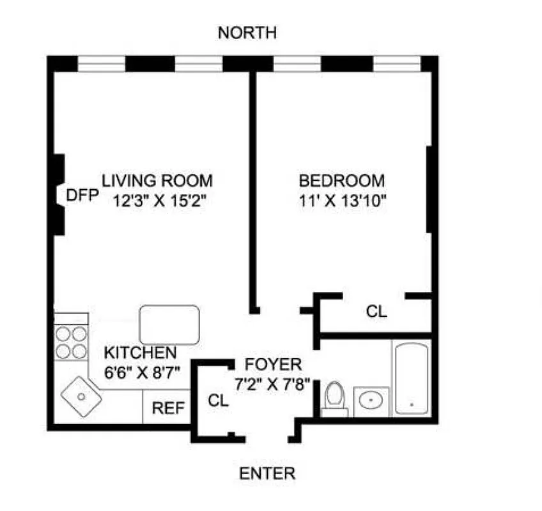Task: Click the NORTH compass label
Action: coord(247,33)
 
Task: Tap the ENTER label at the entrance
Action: coord(267,474)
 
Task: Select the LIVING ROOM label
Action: coord(157,180)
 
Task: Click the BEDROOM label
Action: coord(343,180)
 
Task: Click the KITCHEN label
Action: coord(141,352)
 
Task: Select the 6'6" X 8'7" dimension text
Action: coord(143,370)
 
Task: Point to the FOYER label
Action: coord(273,365)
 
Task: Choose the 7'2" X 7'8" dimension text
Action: coord(272,385)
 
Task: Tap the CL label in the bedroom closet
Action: coord(376,312)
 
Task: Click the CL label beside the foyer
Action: coord(218,400)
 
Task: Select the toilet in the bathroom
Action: coord(334,398)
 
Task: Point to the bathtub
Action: coord(412,378)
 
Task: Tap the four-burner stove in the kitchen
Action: coord(71,342)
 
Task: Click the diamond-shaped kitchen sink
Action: coord(81,396)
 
